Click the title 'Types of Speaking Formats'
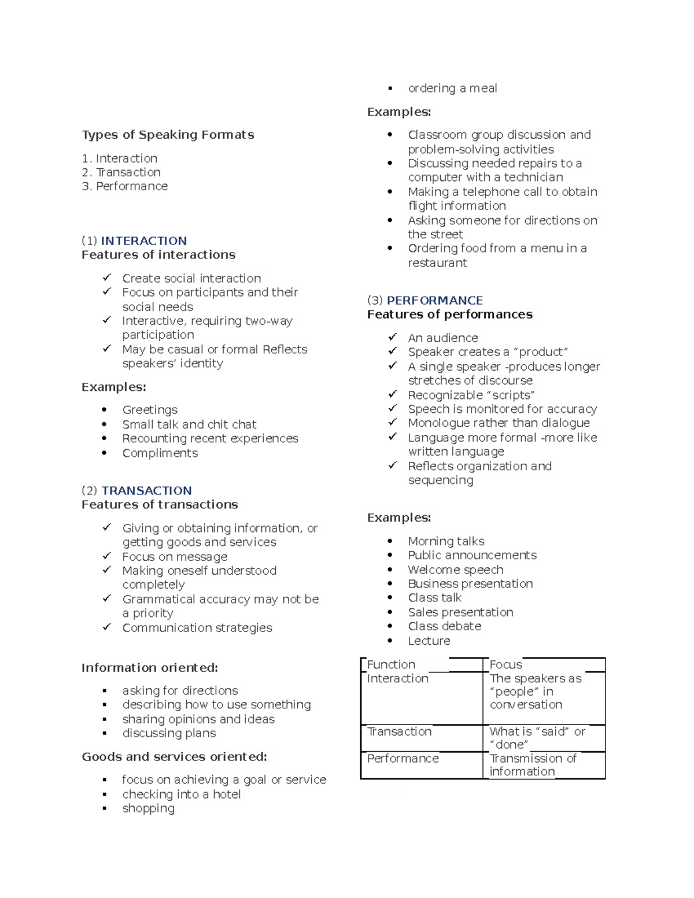[x=168, y=135]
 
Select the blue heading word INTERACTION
[x=143, y=241]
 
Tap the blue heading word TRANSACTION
[x=146, y=490]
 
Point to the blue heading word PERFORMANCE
[x=434, y=300]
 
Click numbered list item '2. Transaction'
[x=121, y=172]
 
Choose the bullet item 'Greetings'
[x=150, y=410]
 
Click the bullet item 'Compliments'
[x=160, y=453]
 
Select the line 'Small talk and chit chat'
[x=189, y=424]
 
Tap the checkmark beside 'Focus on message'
[x=107, y=556]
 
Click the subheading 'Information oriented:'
[x=150, y=668]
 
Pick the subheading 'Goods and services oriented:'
[x=174, y=757]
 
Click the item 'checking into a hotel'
[x=181, y=794]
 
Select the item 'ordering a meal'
[x=452, y=88]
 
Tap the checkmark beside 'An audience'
[x=393, y=337]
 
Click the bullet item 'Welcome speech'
[x=455, y=570]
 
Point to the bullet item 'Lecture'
[x=429, y=641]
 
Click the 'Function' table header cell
[x=392, y=664]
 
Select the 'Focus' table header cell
[x=506, y=664]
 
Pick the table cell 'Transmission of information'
[x=533, y=765]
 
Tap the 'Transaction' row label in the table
[x=400, y=731]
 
